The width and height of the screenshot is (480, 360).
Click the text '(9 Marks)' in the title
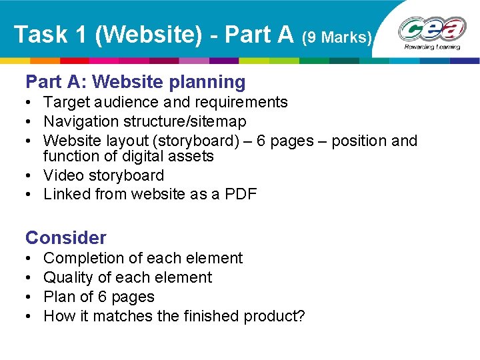coord(337,37)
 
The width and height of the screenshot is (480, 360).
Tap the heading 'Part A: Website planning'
coord(135,82)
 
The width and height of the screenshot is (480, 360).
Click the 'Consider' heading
coord(65,237)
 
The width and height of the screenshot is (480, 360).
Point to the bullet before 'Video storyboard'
coord(31,176)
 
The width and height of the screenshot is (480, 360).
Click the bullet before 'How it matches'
coord(31,317)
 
